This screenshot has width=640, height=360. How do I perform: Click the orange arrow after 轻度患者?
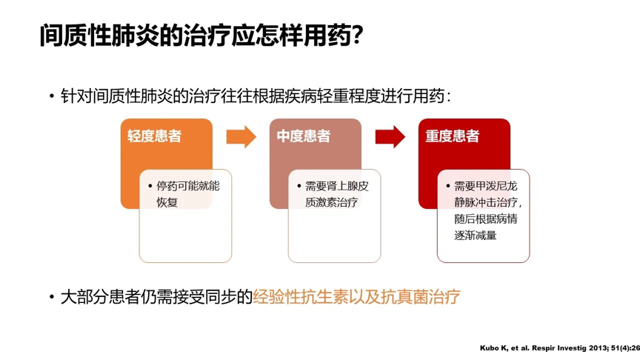pyautogui.click(x=241, y=136)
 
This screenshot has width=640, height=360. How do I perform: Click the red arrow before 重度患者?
pyautogui.click(x=390, y=136)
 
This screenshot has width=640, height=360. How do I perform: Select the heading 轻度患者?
pyautogui.click(x=154, y=136)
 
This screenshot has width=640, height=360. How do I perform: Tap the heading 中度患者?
pyautogui.click(x=304, y=136)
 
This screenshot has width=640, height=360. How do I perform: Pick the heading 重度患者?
pyautogui.click(x=452, y=136)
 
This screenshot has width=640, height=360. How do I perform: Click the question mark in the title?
pyautogui.click(x=357, y=35)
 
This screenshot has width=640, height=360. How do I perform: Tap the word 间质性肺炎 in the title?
pyautogui.click(x=101, y=35)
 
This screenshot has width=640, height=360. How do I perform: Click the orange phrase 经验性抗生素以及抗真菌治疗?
pyautogui.click(x=356, y=297)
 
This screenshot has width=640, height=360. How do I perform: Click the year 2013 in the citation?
pyautogui.click(x=584, y=347)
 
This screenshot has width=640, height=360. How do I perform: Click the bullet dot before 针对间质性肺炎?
pyautogui.click(x=52, y=97)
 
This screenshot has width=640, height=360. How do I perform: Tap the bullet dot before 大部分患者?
pyautogui.click(x=52, y=298)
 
